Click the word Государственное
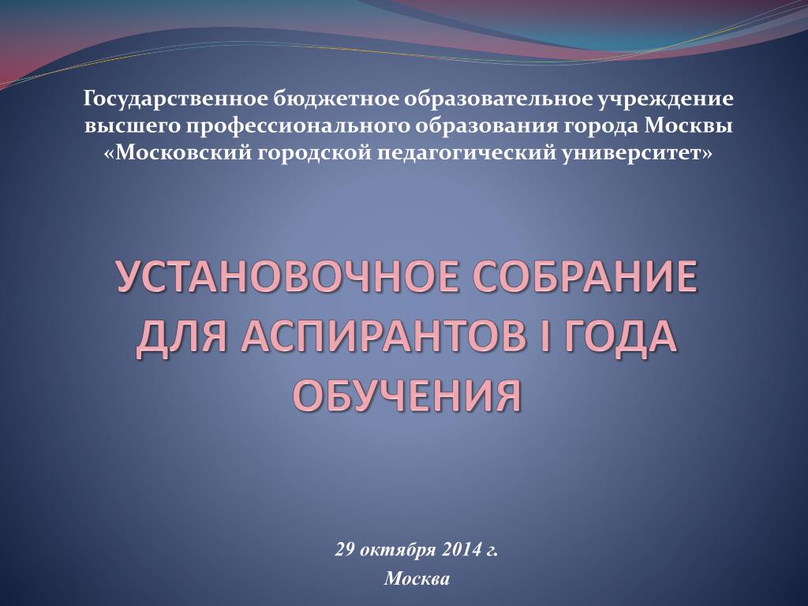click(176, 99)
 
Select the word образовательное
click(498, 98)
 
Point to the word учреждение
click(665, 99)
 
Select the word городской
click(314, 154)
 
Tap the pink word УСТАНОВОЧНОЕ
click(287, 277)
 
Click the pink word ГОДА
click(614, 337)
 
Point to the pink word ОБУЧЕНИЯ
click(407, 396)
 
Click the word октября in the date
click(398, 550)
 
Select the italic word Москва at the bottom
click(417, 578)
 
